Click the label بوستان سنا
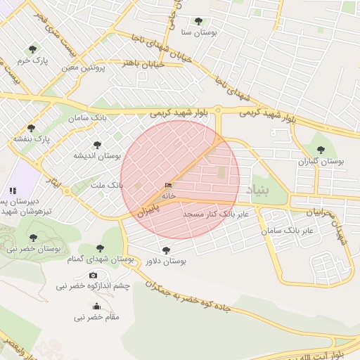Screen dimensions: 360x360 tap(199, 32)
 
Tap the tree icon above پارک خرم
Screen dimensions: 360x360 tap(32, 49)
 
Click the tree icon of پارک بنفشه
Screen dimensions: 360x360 tap(32, 127)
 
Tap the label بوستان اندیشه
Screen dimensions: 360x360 tap(97, 155)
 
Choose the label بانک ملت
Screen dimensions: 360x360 tap(107, 185)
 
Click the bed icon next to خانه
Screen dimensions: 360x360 tap(167, 185)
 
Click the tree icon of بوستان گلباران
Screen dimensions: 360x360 tap(321, 150)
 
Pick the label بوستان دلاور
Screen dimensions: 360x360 tap(165, 262)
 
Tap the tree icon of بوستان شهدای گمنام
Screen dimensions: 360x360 tap(100, 248)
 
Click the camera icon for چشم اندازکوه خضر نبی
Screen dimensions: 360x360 tap(94, 275)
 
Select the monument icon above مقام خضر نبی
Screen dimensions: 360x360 tap(96, 306)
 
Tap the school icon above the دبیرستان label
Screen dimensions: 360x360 tap(13, 190)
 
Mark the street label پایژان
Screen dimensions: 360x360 tap(148, 209)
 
